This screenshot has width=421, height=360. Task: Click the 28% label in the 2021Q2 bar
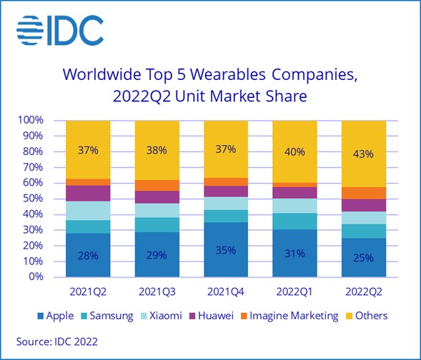(x=88, y=255)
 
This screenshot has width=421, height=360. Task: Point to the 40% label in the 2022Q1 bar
(x=294, y=151)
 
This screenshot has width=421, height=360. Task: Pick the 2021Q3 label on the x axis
(x=157, y=291)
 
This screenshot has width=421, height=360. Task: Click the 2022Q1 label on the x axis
(x=294, y=291)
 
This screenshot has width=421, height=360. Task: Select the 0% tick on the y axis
(x=36, y=277)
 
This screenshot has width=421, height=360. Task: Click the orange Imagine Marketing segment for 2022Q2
(x=364, y=193)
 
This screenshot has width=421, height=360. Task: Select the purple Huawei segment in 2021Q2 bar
(x=88, y=193)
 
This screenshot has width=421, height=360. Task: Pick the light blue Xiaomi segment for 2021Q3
(x=157, y=210)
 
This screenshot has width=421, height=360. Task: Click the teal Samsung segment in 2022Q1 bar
(x=294, y=221)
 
